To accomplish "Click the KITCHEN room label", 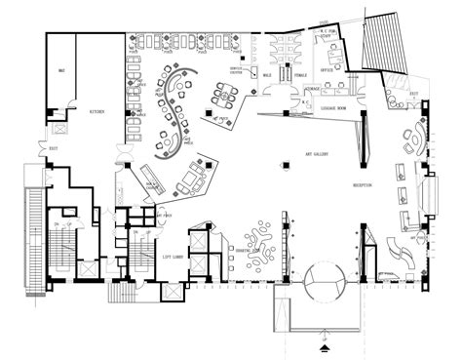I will (x=98, y=112).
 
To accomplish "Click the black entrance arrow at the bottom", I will (x=325, y=343).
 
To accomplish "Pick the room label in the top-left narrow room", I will (x=61, y=71).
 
